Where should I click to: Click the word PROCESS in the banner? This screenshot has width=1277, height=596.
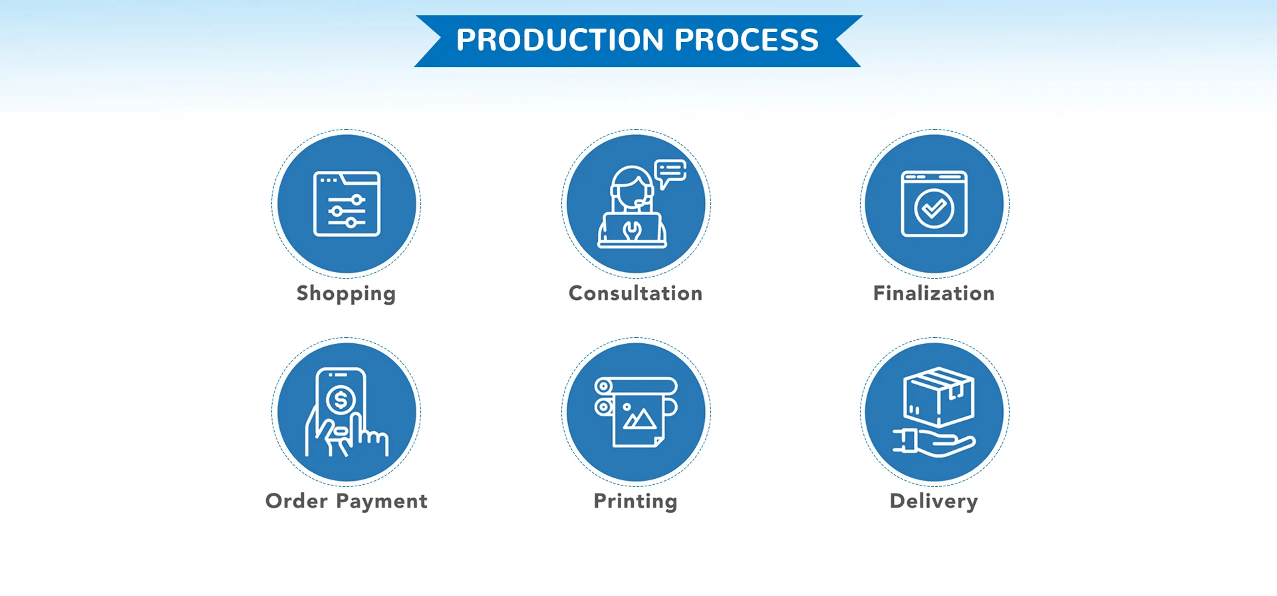click(x=746, y=40)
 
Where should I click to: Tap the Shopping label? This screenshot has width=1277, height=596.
click(x=346, y=293)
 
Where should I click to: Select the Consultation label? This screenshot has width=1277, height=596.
click(x=635, y=293)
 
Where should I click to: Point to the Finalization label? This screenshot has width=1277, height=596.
click(x=934, y=293)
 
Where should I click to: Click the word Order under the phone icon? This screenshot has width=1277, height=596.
click(x=297, y=501)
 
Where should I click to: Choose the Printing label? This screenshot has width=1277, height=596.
click(x=635, y=501)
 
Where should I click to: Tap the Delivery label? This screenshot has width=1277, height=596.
click(x=934, y=501)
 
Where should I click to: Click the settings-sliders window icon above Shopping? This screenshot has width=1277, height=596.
click(x=347, y=204)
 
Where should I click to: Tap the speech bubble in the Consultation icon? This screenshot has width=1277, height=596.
click(x=670, y=172)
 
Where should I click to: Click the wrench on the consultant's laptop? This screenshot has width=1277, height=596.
click(x=632, y=230)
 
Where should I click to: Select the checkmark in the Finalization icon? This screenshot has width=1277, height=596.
click(x=934, y=209)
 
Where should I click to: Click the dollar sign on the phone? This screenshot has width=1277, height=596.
click(x=341, y=400)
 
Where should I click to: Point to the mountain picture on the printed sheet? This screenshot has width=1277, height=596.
click(x=639, y=418)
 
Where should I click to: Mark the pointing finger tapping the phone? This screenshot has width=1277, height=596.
click(x=357, y=432)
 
